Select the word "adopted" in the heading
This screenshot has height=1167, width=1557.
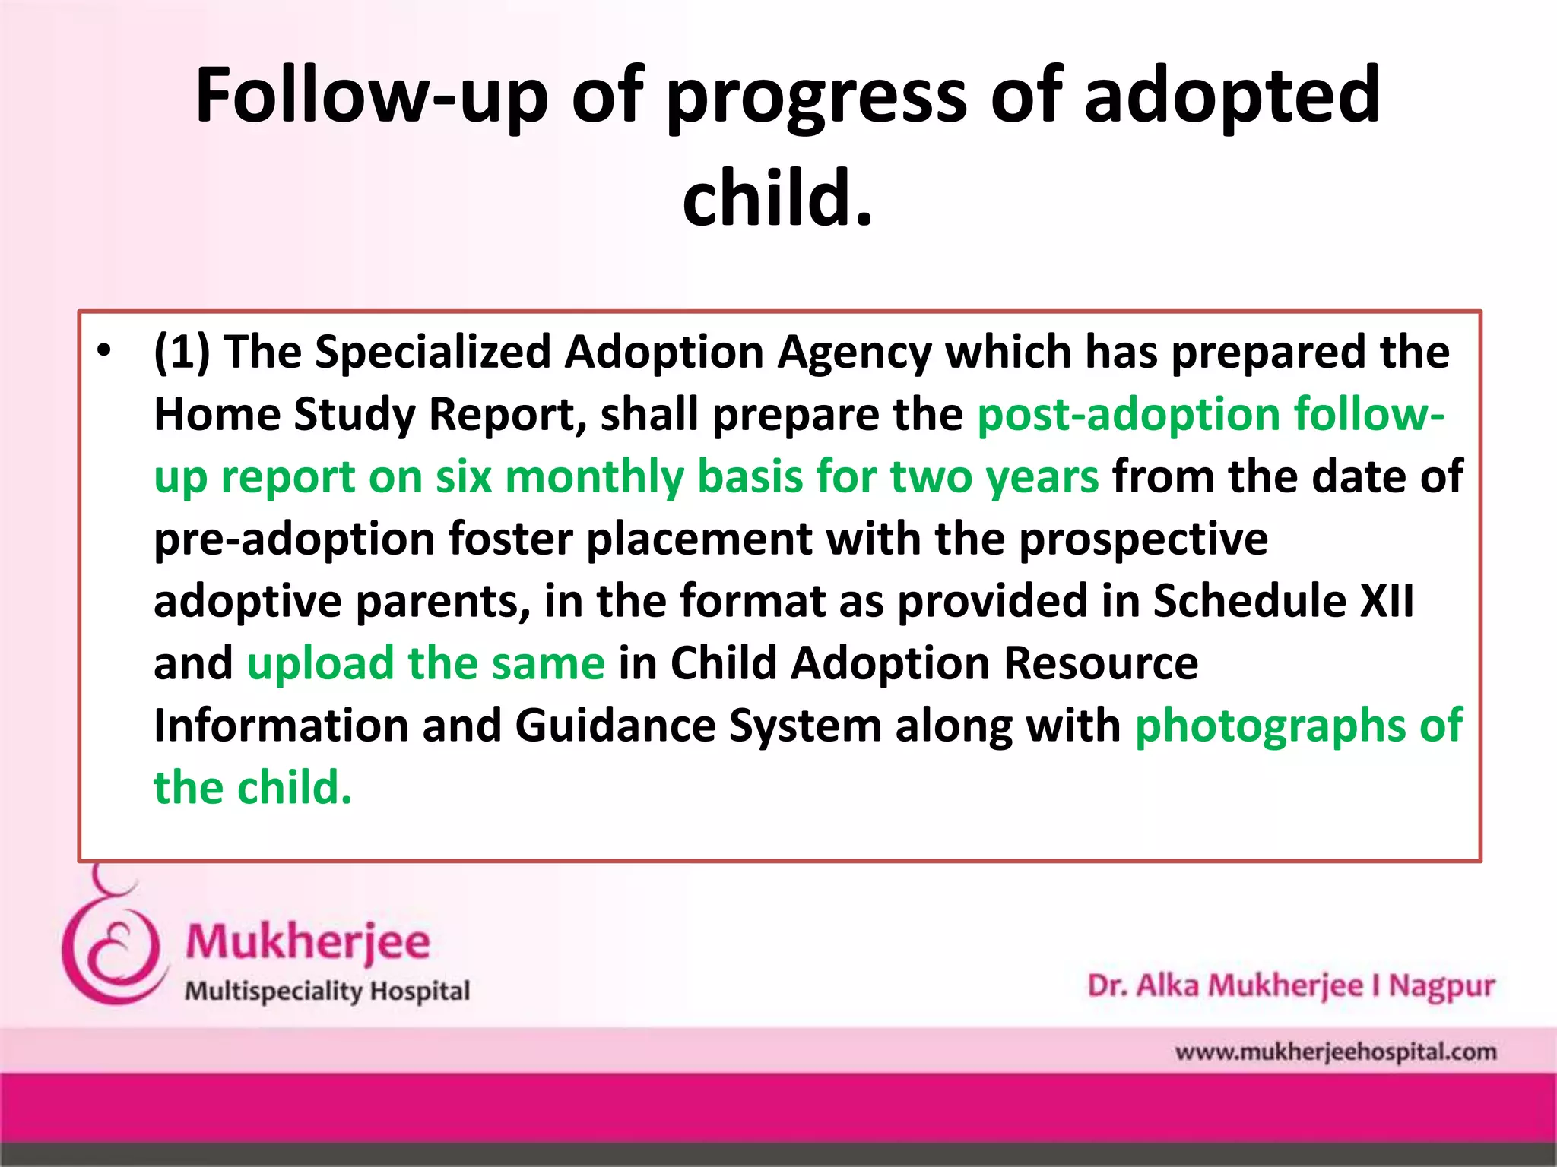1231,96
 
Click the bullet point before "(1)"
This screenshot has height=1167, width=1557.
104,351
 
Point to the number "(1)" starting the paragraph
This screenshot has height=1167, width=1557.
181,353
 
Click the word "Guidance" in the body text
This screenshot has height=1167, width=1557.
615,726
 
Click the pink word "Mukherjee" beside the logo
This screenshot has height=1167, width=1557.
308,943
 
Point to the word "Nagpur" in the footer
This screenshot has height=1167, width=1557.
1441,986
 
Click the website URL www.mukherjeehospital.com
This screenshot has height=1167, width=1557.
1335,1052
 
